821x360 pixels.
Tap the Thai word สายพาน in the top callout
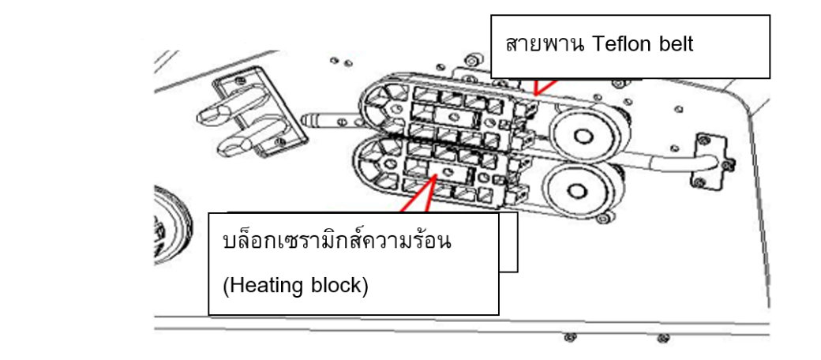click(542, 45)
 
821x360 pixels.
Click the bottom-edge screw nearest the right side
click(662, 339)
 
